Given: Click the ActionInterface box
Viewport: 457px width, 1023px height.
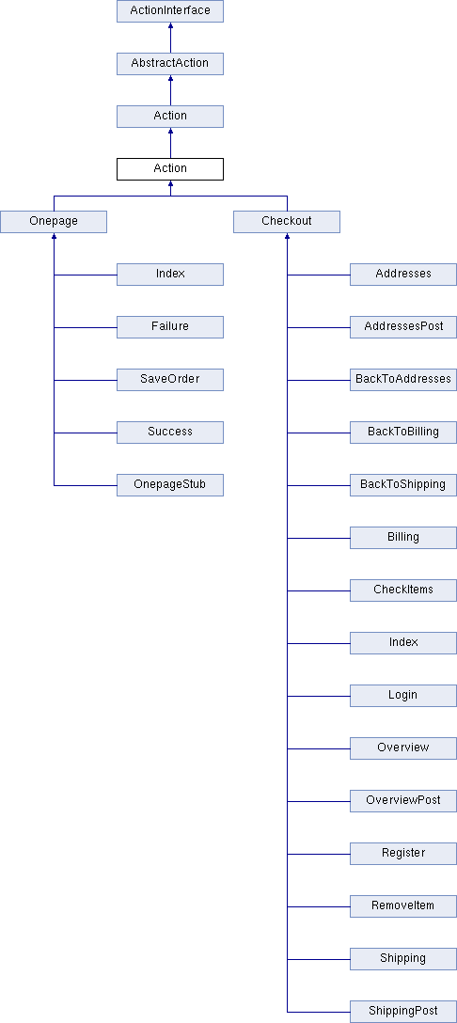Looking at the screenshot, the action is coord(170,11).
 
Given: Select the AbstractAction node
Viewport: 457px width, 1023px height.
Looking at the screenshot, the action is coord(170,63).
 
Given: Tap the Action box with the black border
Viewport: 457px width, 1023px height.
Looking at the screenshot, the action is coord(170,169).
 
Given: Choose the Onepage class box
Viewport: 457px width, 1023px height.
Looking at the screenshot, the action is coord(54,222).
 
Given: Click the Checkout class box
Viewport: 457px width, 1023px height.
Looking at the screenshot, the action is coord(287,222).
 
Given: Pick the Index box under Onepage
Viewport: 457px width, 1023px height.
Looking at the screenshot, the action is coord(170,275).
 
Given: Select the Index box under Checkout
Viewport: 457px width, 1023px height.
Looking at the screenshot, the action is coord(403,642).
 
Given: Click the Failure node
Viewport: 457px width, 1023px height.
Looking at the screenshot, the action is coord(170,327).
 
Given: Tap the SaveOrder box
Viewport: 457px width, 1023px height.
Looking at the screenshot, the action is coord(170,380).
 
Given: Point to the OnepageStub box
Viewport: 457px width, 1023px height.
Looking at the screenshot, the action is coord(170,485).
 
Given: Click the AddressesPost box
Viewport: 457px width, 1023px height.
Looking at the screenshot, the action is coord(403,327).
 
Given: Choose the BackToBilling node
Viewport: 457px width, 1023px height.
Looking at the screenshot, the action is coord(403,433).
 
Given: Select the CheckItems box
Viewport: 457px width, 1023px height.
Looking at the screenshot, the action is coord(403,590).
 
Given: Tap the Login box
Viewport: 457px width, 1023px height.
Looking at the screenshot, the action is coord(403,696).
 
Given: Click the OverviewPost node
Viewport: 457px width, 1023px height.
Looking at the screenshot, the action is coord(403,800).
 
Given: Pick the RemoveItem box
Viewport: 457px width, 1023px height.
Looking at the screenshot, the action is coord(403,906).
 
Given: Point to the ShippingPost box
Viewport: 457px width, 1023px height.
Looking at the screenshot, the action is coord(403,1012).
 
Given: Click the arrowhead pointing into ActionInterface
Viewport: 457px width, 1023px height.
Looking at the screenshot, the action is coord(170,25).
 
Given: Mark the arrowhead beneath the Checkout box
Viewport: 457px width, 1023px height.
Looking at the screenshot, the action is coord(287,236).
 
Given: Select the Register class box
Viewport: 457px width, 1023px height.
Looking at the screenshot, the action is coord(403,854).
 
